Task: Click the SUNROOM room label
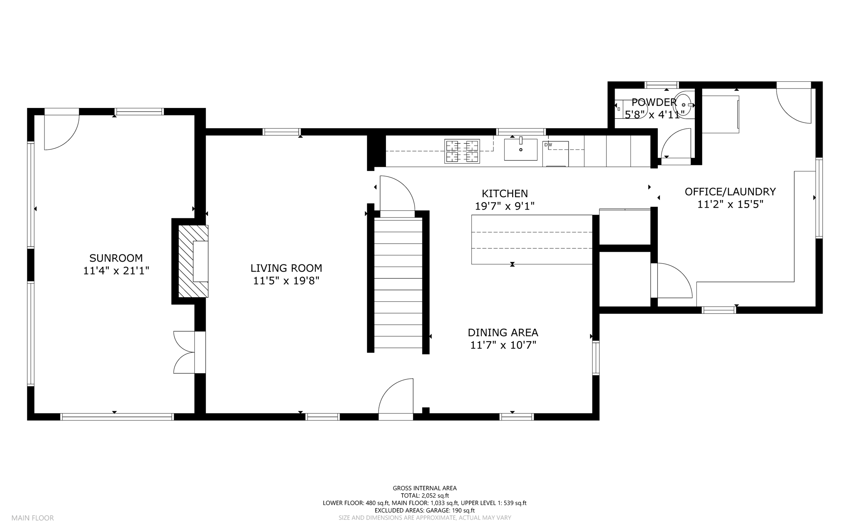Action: pyautogui.click(x=116, y=258)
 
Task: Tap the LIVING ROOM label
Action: pyautogui.click(x=286, y=268)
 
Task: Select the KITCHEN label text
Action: pyautogui.click(x=505, y=193)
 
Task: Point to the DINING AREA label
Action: pyautogui.click(x=503, y=333)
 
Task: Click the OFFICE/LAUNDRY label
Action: pyautogui.click(x=730, y=192)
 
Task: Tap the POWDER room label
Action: pyautogui.click(x=654, y=102)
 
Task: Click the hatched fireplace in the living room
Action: pyautogui.click(x=193, y=261)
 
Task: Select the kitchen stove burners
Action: pyautogui.click(x=462, y=151)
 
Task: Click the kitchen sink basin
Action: pyautogui.click(x=521, y=149)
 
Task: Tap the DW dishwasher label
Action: pyautogui.click(x=548, y=145)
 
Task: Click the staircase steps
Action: pyautogui.click(x=398, y=284)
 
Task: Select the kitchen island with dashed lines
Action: pyautogui.click(x=532, y=240)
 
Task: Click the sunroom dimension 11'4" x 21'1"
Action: pyautogui.click(x=116, y=271)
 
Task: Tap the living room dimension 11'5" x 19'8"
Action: pyautogui.click(x=286, y=281)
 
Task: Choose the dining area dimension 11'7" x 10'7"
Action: pyautogui.click(x=503, y=345)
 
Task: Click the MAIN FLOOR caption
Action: pyautogui.click(x=33, y=518)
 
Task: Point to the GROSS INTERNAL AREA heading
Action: pyautogui.click(x=425, y=488)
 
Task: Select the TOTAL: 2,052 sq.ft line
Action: pyautogui.click(x=425, y=496)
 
